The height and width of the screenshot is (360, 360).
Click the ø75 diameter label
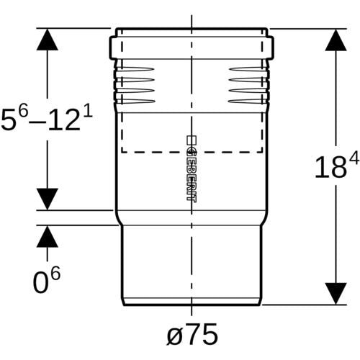pos(192,334)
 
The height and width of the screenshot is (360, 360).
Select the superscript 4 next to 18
pos(354,158)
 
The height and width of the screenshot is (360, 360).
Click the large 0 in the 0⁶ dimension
pos(40,283)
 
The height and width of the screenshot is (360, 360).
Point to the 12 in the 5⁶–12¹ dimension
pos(64,120)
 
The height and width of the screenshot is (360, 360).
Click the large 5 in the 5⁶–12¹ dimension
pos(9,120)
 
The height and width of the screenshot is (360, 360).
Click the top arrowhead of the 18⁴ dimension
pos(336,40)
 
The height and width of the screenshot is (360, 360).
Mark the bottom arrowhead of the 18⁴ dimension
pos(336,294)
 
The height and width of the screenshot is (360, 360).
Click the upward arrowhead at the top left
pos(48,40)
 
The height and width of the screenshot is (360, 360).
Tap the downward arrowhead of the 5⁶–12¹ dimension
pos(48,199)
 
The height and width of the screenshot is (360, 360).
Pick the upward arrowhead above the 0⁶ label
pos(48,236)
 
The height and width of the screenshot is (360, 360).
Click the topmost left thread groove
pos(135,69)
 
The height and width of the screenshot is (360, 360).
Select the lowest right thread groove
pos(247,102)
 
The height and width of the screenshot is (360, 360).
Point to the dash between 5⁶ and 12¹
pos(37,122)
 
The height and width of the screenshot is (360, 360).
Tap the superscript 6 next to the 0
pos(55,274)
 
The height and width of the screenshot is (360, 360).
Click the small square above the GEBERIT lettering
pos(192,140)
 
